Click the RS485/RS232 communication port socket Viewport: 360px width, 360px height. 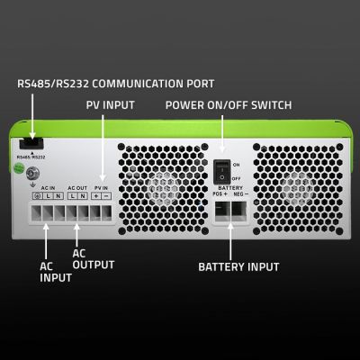31,141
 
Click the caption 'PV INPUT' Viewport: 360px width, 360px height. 112,105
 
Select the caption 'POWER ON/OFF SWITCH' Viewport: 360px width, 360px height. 228,105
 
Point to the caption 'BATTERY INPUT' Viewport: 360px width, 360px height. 238,267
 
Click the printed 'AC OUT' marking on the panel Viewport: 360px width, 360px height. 77,187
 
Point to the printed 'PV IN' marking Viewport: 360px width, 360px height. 104,187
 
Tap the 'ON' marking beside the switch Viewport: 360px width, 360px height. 237,166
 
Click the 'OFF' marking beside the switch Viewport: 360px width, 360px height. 238,178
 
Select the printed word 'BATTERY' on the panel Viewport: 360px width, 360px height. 229,187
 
